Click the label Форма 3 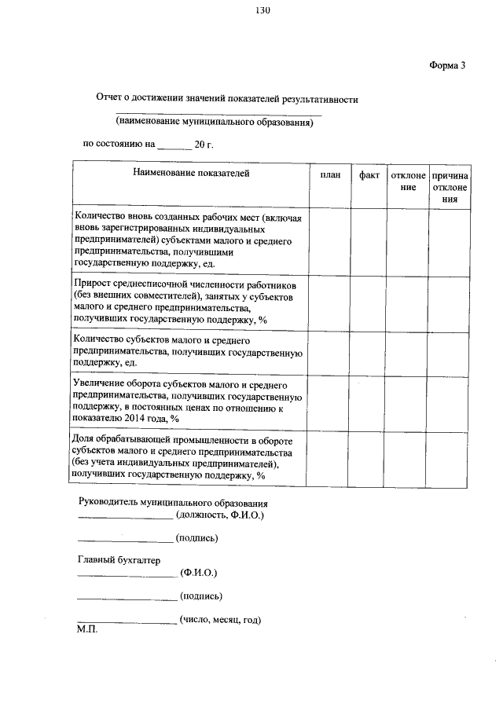point(447,65)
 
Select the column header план point(330,175)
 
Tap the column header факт point(369,175)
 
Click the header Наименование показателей point(191,174)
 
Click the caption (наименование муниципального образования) point(215,123)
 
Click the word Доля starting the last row point(83,438)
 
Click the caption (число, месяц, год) point(220,620)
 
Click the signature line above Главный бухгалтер point(125,541)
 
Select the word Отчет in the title point(109,100)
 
